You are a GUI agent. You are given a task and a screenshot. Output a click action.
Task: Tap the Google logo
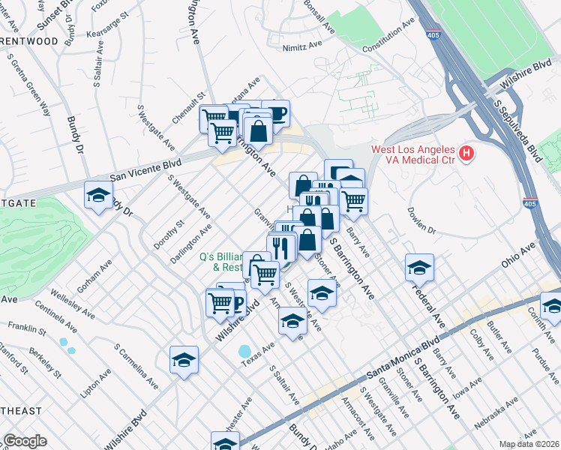click(24, 440)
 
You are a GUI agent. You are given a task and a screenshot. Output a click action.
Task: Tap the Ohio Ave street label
click(518, 255)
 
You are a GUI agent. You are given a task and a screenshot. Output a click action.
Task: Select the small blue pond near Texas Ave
click(245, 351)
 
